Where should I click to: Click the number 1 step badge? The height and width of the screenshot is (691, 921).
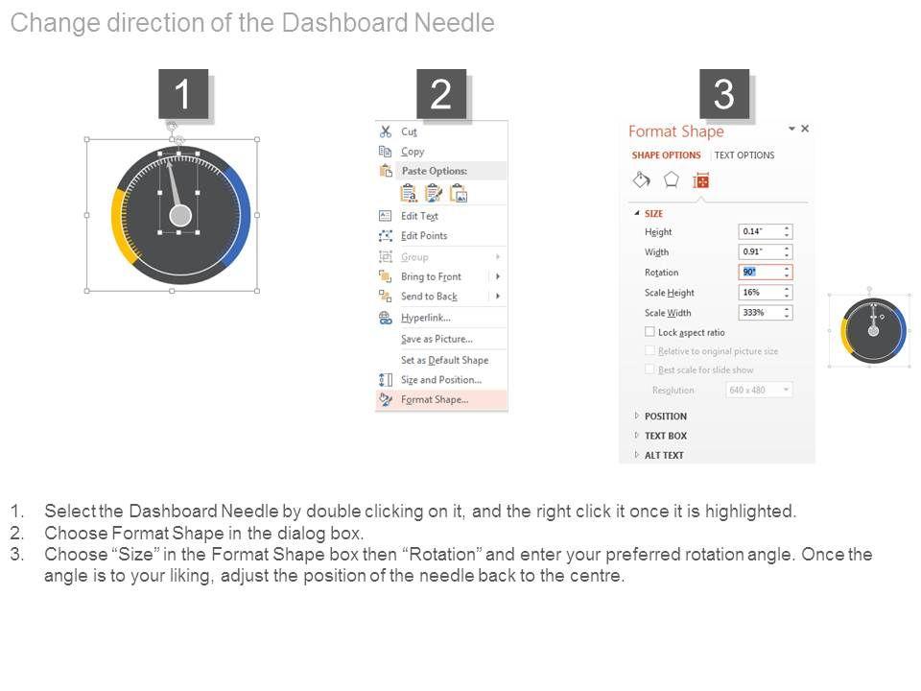click(183, 94)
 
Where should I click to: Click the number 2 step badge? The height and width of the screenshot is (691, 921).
click(441, 94)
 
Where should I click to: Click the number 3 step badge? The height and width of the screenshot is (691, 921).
click(724, 94)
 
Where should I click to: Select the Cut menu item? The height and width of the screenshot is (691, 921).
click(409, 131)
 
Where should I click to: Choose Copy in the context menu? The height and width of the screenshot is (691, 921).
click(413, 151)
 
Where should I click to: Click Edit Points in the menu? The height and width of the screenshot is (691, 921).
click(424, 236)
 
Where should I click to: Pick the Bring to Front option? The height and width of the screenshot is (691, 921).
click(431, 276)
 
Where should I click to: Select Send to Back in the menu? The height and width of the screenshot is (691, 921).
click(429, 297)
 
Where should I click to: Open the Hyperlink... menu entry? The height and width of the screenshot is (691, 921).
click(426, 318)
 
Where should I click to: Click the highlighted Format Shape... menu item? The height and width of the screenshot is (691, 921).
click(435, 399)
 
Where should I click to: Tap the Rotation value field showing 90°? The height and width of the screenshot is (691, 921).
click(766, 272)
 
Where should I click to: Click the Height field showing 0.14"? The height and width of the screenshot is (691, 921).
click(766, 231)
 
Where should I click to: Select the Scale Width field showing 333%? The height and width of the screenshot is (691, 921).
click(766, 313)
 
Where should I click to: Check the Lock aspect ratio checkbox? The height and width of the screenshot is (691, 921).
click(649, 332)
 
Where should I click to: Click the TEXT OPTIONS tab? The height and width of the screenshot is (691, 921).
click(744, 155)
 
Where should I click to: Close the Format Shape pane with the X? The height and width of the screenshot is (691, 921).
click(805, 128)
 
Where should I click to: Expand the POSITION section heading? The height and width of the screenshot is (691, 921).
click(666, 416)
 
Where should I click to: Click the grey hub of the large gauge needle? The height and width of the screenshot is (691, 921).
click(180, 216)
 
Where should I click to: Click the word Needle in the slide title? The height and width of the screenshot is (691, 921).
click(454, 23)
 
